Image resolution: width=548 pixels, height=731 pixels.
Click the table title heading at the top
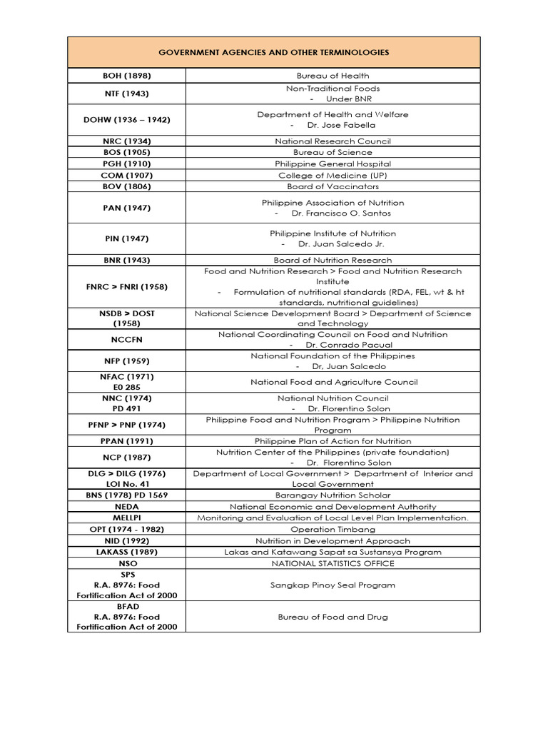[x=273, y=53]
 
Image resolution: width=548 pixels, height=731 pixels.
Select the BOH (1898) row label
[x=126, y=76]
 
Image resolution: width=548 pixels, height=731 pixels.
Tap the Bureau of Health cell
[x=333, y=76]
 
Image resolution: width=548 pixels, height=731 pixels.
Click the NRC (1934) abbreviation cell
[x=126, y=141]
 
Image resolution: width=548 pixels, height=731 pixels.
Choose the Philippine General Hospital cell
[x=333, y=163]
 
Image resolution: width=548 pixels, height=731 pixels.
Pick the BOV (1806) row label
[x=126, y=186]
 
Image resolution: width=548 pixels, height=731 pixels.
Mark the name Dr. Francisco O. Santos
[x=341, y=213]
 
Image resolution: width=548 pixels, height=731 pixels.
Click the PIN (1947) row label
[x=126, y=238]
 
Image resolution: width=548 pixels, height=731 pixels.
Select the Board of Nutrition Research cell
[x=333, y=261]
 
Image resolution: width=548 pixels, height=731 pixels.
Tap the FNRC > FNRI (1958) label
[x=126, y=286]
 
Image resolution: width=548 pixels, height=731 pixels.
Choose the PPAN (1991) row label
[x=126, y=441]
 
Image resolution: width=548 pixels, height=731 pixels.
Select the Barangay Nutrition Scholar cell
[x=333, y=495]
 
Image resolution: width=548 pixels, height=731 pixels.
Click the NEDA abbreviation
[x=126, y=506]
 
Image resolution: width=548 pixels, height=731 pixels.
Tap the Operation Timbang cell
[x=333, y=529]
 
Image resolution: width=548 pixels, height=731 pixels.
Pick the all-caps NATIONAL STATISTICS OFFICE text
[x=333, y=563]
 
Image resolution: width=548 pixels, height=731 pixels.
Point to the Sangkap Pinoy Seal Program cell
[x=333, y=585]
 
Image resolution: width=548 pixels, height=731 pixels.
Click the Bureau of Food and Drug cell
[x=333, y=617]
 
